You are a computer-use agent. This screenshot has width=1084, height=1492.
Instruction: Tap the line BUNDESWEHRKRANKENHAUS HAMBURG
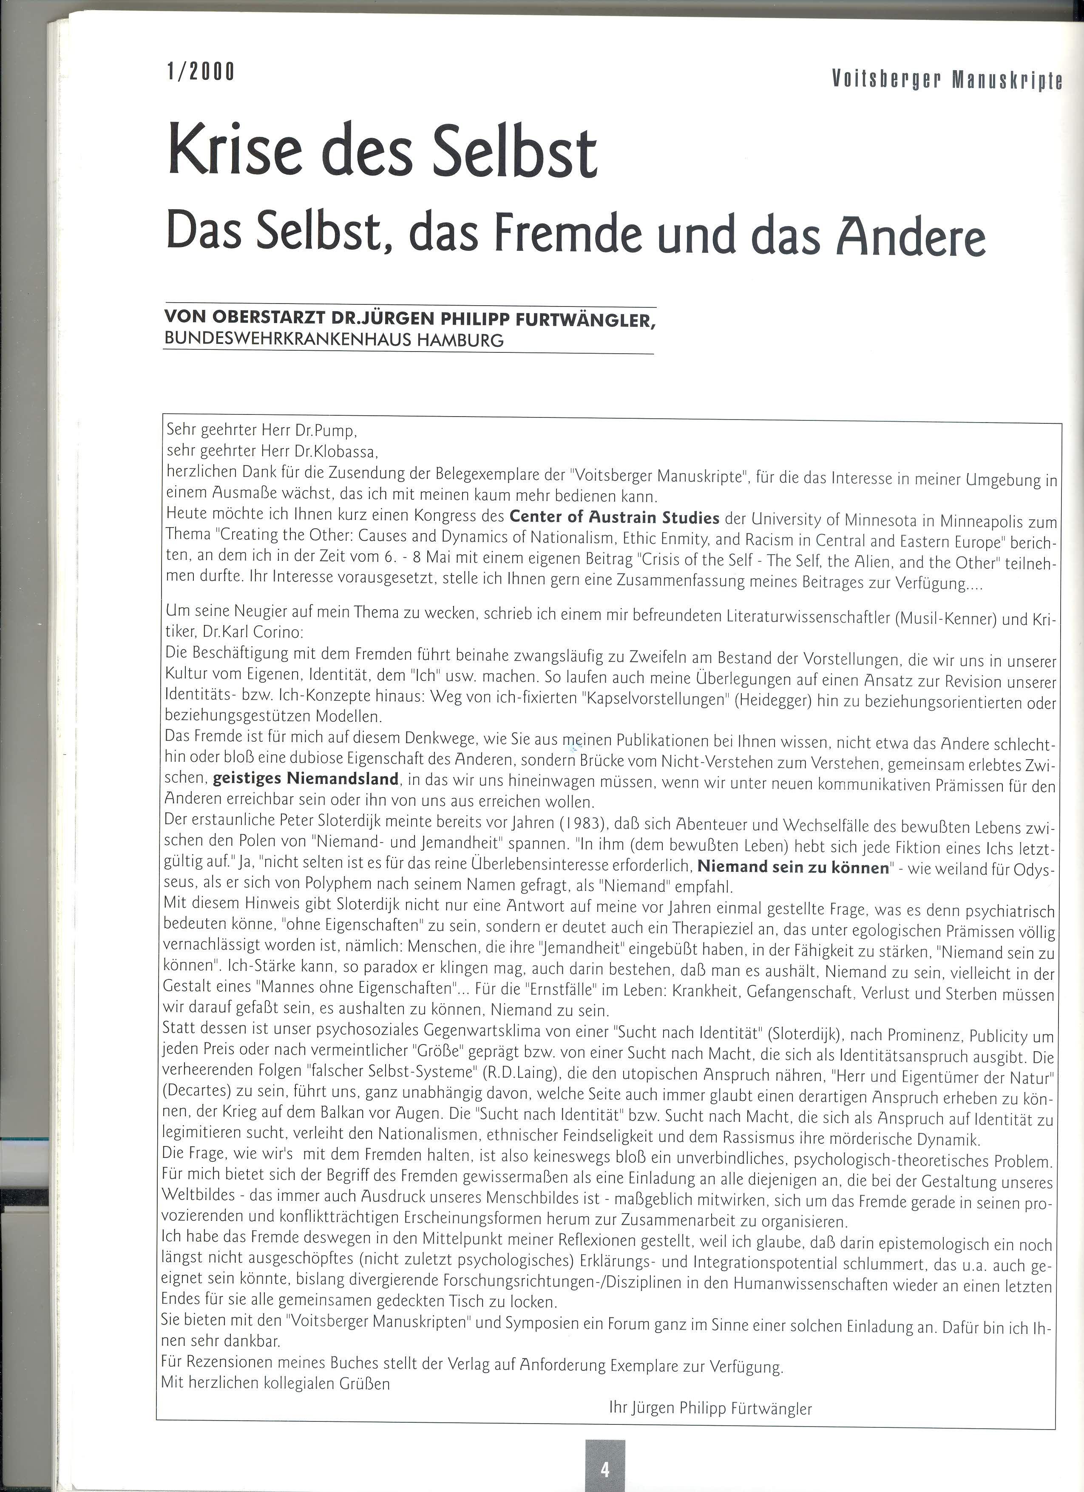tap(334, 340)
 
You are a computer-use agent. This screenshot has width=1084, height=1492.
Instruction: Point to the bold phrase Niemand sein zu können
tap(793, 867)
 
